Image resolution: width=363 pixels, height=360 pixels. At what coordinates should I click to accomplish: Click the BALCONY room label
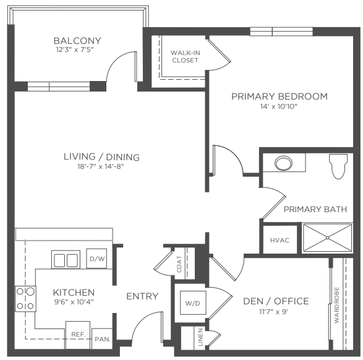(x=77, y=41)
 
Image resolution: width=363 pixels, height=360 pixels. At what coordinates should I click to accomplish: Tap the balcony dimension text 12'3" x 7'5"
(x=75, y=49)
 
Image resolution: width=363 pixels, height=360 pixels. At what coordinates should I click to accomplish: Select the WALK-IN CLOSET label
(x=185, y=56)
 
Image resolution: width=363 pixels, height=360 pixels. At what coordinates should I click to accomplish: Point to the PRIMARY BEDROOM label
(x=280, y=96)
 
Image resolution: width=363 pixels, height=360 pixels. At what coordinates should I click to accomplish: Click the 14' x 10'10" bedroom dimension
(x=279, y=106)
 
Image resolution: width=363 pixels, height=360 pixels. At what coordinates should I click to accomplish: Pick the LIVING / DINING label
(x=101, y=156)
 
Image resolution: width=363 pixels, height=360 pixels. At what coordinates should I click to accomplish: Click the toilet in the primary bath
(x=338, y=166)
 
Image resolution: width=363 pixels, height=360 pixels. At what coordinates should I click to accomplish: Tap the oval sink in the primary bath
(x=283, y=163)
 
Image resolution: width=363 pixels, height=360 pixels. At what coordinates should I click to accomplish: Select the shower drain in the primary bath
(x=327, y=238)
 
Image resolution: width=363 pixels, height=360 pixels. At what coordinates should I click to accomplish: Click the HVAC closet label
(x=280, y=240)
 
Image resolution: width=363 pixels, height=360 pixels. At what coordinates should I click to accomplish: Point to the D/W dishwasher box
(x=96, y=259)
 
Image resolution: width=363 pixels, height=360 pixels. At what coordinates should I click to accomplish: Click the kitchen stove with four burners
(x=25, y=299)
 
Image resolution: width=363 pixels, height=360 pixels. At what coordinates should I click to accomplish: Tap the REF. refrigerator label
(x=79, y=334)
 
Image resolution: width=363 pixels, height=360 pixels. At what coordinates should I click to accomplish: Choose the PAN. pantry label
(x=103, y=340)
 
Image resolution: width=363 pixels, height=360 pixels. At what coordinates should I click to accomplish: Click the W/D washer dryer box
(x=193, y=303)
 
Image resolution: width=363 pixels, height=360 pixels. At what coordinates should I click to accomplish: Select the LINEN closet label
(x=200, y=337)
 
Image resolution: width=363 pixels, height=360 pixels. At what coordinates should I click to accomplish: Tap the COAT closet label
(x=179, y=264)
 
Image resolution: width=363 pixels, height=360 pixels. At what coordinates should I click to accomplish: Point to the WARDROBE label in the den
(x=336, y=305)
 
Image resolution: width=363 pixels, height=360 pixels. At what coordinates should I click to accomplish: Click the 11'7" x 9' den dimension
(x=273, y=312)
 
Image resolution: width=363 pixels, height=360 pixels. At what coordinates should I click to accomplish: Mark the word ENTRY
(x=142, y=296)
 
